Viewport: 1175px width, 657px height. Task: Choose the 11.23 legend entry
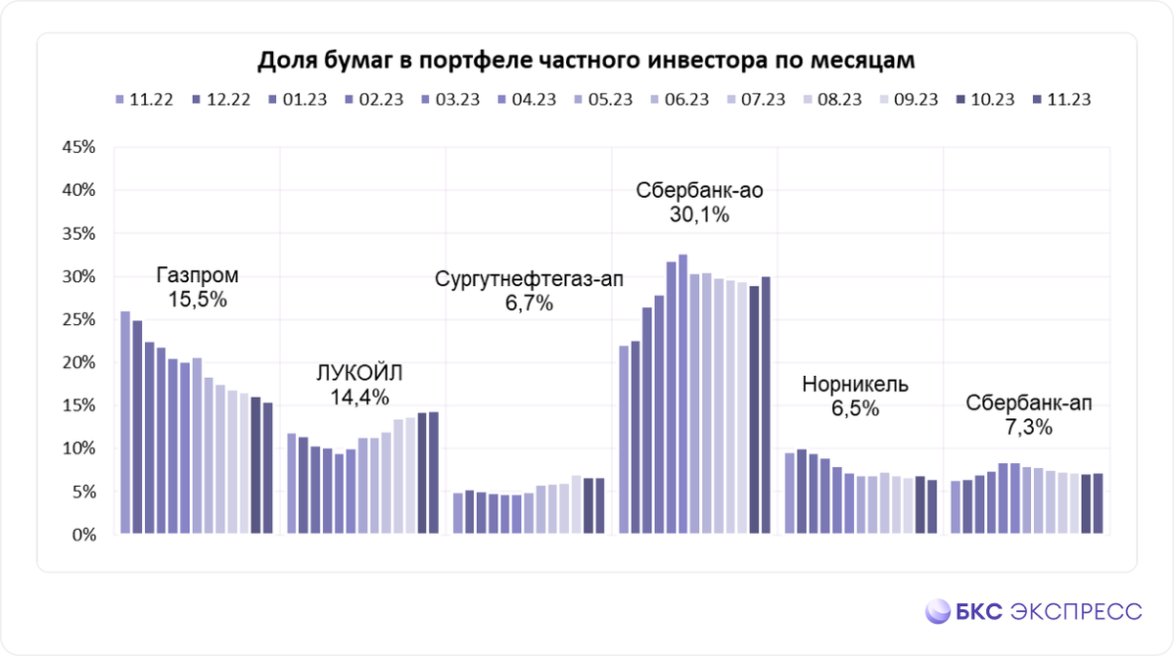tap(1068, 99)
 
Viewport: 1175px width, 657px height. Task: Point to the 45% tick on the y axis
tap(77, 148)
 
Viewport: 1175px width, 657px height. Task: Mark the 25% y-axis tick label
tap(77, 320)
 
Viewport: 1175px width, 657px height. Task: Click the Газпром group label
tap(197, 275)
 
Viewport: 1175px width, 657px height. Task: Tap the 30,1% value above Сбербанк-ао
tap(699, 215)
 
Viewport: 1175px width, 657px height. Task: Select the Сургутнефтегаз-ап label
tap(529, 280)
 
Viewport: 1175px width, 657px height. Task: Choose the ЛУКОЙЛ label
tap(358, 372)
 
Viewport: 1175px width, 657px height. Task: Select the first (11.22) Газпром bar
tap(125, 423)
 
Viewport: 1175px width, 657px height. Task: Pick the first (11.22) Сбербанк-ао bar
tap(624, 440)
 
